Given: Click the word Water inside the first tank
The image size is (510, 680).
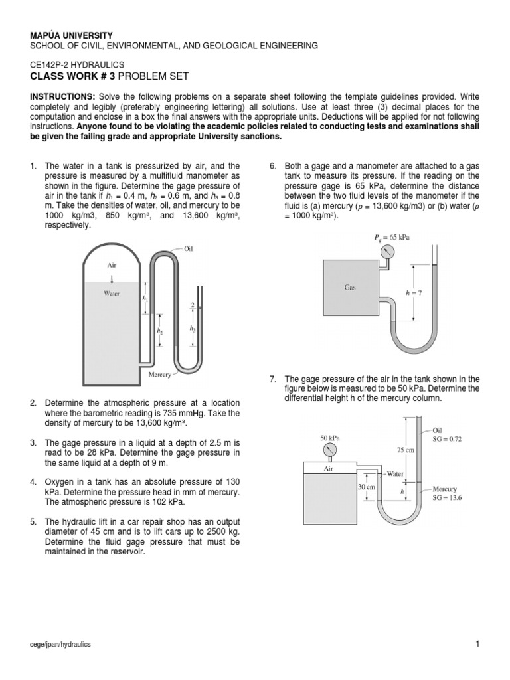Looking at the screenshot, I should pyautogui.click(x=111, y=292).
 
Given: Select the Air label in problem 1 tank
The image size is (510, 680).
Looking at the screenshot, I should pyautogui.click(x=112, y=264).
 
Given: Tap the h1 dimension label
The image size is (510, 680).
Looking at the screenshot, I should pyautogui.click(x=145, y=299).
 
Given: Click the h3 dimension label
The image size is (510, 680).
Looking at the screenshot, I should pyautogui.click(x=193, y=328).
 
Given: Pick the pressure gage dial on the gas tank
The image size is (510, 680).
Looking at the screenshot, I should pyautogui.click(x=388, y=252).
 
